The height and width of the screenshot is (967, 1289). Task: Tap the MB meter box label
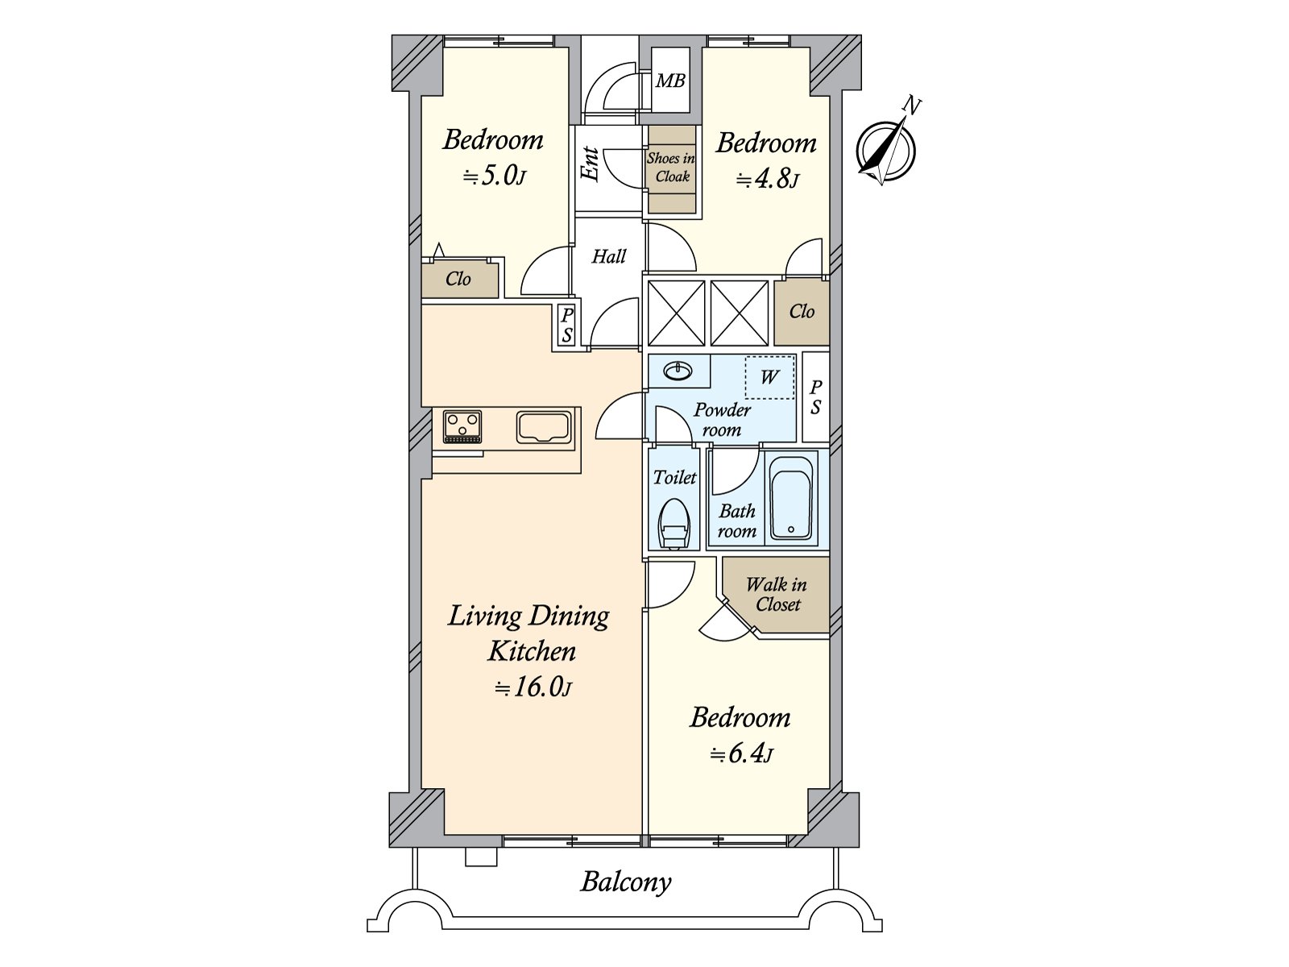coord(670,81)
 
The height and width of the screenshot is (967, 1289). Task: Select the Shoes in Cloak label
coord(671,167)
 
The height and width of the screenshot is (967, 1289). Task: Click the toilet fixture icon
coord(673,523)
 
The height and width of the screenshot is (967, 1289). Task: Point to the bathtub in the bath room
coord(791,497)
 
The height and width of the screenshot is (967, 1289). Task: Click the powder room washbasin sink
coord(678,371)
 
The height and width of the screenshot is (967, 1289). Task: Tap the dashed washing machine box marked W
coord(769,377)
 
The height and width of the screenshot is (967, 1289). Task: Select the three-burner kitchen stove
coord(462,427)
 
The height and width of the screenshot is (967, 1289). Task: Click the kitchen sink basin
coord(544,427)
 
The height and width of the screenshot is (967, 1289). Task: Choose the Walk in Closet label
coord(777,594)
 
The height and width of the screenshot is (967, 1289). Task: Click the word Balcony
coord(626,882)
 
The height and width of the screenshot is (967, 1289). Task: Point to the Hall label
coord(608,256)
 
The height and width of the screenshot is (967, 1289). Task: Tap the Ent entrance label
coord(589,164)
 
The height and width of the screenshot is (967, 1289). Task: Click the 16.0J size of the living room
coord(533,687)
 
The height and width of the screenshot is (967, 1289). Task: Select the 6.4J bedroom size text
coord(741,753)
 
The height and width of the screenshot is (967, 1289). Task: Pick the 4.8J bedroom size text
coord(767,179)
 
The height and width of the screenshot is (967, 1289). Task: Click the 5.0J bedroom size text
coord(494,176)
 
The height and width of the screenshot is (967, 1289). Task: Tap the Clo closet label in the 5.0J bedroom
coord(458,279)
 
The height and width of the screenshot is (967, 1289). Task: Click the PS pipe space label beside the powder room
coord(815,397)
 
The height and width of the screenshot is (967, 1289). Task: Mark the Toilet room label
coord(675,477)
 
